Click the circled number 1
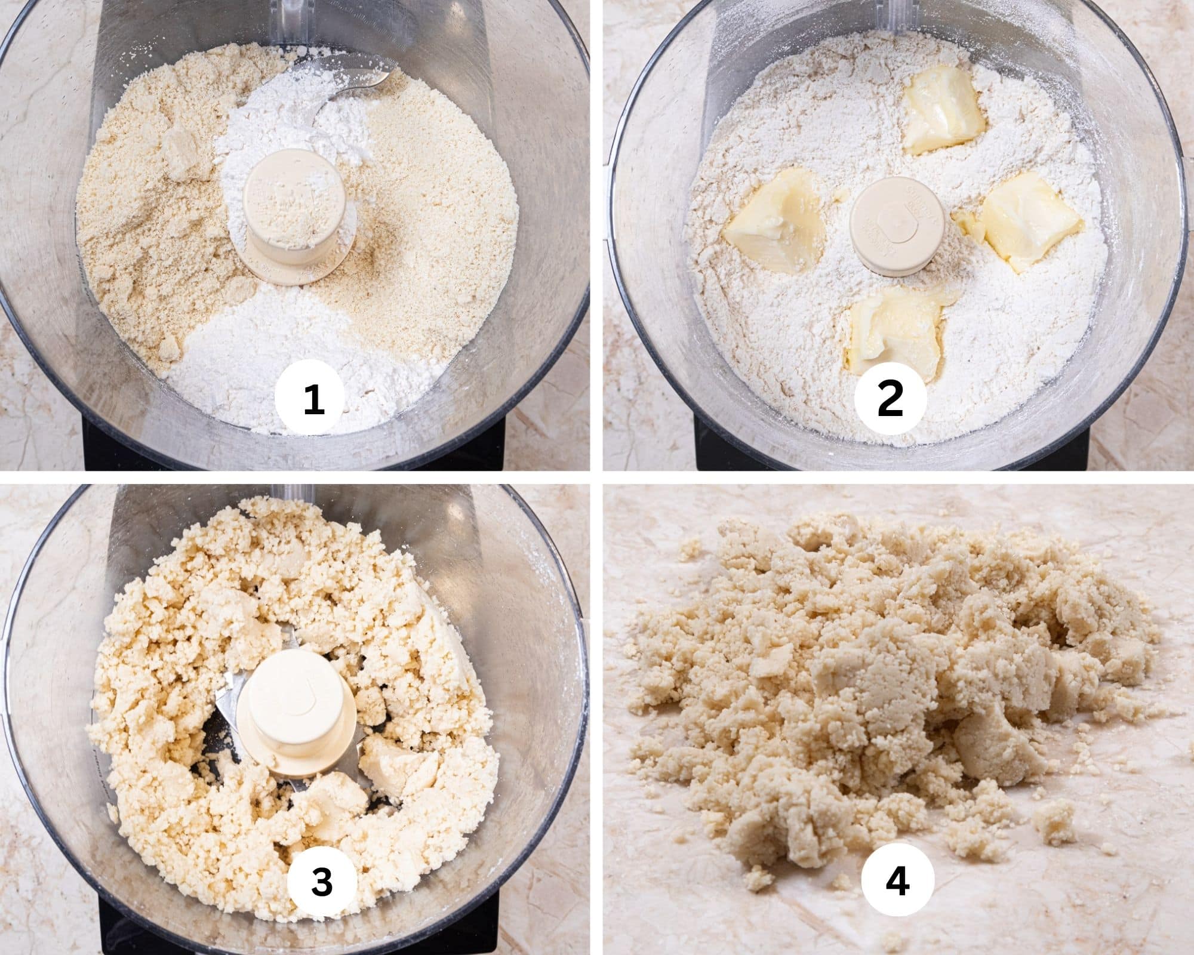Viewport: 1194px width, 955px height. [314, 399]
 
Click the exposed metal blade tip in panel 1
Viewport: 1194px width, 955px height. [358, 81]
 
